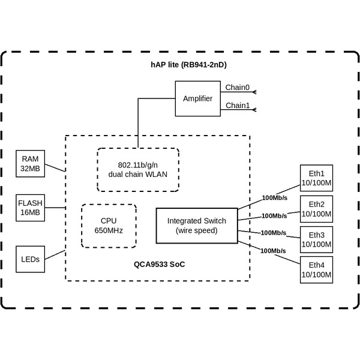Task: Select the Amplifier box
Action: [x=197, y=98]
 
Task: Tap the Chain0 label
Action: [x=237, y=88]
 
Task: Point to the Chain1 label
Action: [x=237, y=106]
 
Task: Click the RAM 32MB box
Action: [x=31, y=164]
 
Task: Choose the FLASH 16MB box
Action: [x=31, y=207]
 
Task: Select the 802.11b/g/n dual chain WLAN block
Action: [x=138, y=170]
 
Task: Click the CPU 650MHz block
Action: [x=109, y=226]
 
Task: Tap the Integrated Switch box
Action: [x=196, y=226]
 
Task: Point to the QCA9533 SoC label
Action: [x=159, y=264]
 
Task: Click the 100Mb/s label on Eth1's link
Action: [x=275, y=197]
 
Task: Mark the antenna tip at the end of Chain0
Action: [x=255, y=92]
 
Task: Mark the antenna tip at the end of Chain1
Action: [x=255, y=110]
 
